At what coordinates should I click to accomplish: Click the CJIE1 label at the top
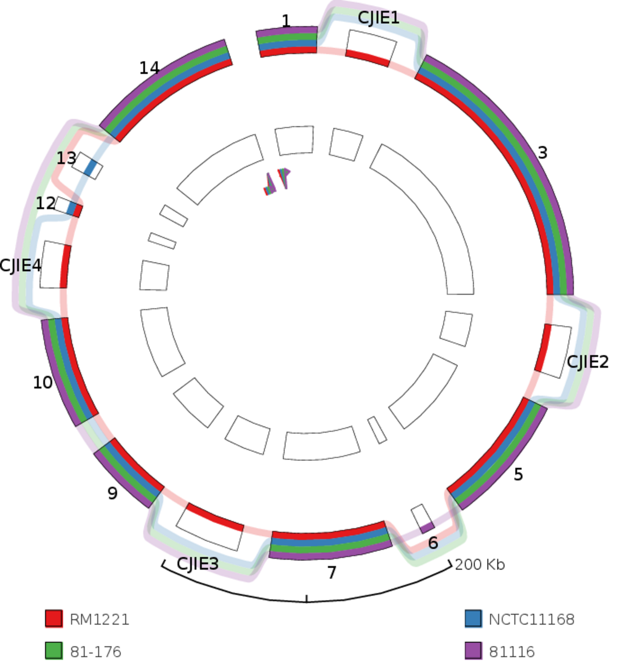[x=379, y=18]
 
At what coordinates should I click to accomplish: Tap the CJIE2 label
[x=587, y=362]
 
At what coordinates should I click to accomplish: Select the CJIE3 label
[x=197, y=563]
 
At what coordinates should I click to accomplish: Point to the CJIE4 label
[x=21, y=266]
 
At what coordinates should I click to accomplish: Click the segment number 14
[x=149, y=67]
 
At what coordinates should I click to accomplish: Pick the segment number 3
[x=542, y=152]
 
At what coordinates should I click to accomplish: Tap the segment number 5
[x=518, y=474]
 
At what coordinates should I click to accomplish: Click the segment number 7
[x=332, y=572]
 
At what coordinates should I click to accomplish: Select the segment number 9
[x=112, y=493]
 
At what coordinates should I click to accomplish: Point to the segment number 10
[x=43, y=383]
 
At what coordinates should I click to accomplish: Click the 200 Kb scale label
[x=479, y=565]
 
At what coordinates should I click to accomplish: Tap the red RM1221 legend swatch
[x=54, y=619]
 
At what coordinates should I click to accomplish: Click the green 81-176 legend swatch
[x=54, y=651]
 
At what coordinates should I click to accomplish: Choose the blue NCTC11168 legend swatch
[x=473, y=619]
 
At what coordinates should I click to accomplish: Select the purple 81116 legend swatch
[x=473, y=651]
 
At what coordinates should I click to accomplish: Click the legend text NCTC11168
[x=531, y=619]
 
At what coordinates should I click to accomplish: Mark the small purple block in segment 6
[x=427, y=527]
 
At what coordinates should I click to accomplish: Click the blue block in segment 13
[x=92, y=168]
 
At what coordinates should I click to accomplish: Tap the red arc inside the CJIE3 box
[x=215, y=517]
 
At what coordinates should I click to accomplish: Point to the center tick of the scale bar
[x=307, y=598]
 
